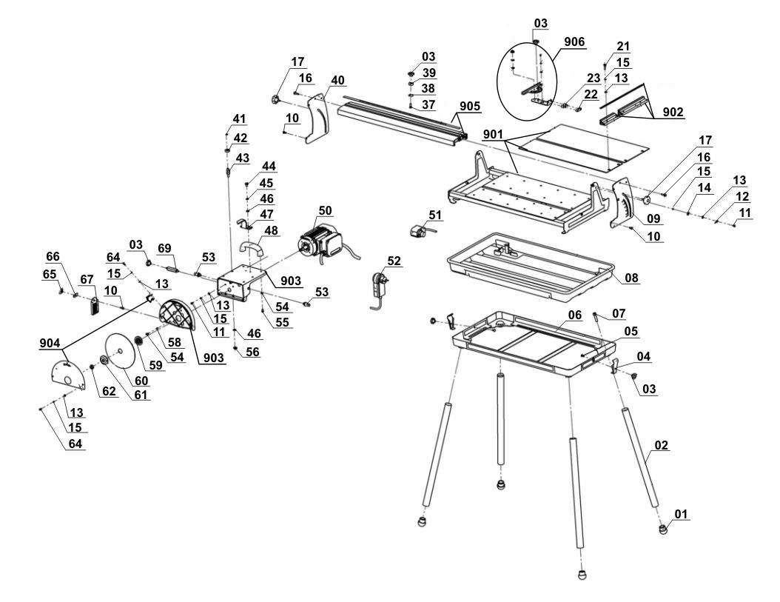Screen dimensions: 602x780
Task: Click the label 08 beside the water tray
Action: (x=631, y=278)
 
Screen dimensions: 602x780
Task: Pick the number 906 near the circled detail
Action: (x=573, y=42)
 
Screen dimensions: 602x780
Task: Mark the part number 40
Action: (x=337, y=80)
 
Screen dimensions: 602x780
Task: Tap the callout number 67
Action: (x=88, y=278)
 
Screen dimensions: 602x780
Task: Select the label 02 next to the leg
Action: (x=662, y=446)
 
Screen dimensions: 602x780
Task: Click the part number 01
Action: (x=680, y=512)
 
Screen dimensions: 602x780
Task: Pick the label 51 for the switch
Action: (x=434, y=215)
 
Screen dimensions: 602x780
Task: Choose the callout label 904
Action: (x=50, y=342)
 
